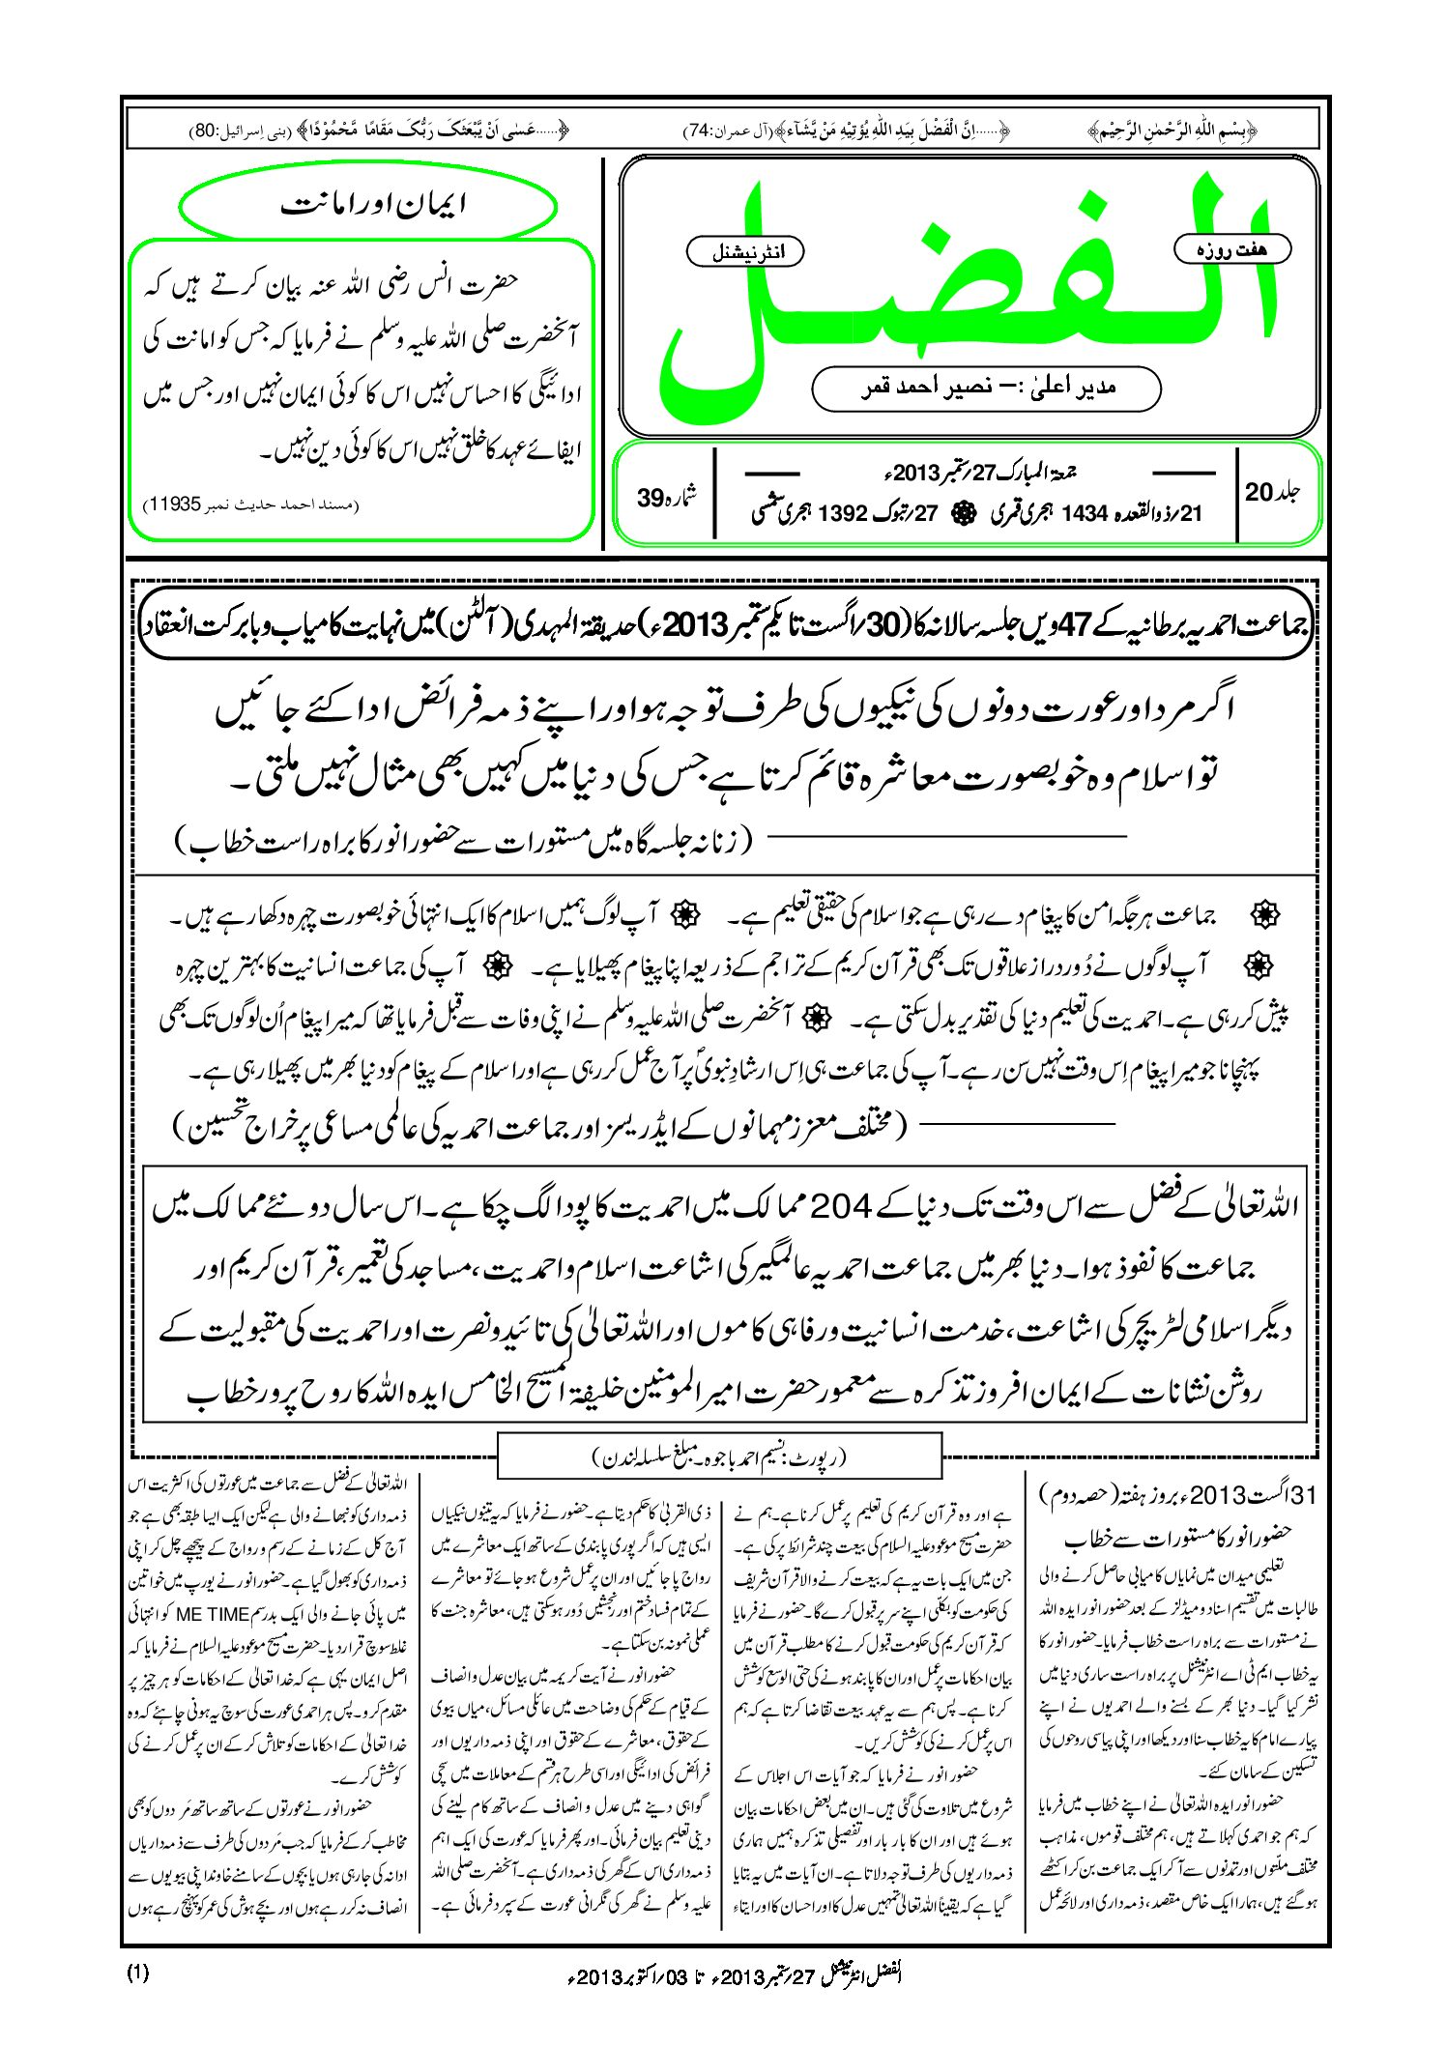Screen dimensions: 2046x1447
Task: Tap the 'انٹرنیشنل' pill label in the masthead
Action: click(x=744, y=253)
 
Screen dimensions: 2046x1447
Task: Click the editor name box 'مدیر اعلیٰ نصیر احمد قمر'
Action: click(x=986, y=389)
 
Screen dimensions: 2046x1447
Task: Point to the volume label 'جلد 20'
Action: click(x=1271, y=492)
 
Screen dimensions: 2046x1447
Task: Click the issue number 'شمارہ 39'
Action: click(x=666, y=497)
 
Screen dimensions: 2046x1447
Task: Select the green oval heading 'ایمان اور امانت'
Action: click(x=370, y=206)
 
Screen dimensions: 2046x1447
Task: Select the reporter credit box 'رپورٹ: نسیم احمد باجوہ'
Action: click(x=719, y=1457)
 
